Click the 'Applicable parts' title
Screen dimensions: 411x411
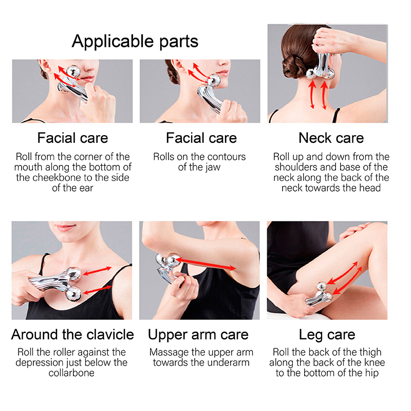[135, 41]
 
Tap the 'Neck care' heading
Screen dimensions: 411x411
[331, 138]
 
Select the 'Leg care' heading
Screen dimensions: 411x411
[327, 335]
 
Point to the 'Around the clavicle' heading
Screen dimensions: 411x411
[72, 335]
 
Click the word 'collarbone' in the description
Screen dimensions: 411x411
[72, 373]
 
